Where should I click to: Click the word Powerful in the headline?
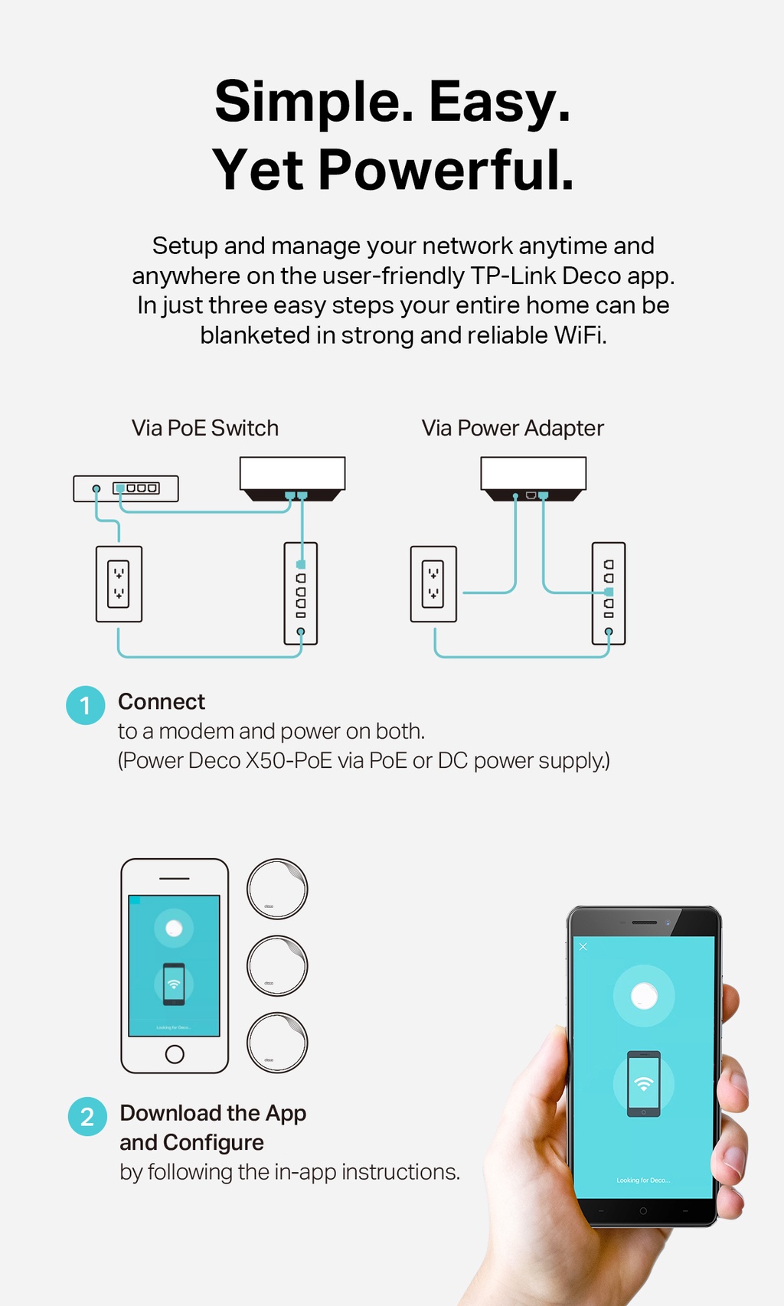point(446,170)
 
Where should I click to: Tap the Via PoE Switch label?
point(205,428)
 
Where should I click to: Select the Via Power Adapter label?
point(512,428)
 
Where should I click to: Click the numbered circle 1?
point(85,705)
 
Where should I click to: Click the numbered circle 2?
point(87,1116)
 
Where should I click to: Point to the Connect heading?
point(162,701)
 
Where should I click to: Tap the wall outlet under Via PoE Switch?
point(119,583)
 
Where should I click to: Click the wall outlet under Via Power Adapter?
point(433,583)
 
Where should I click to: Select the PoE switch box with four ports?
point(126,488)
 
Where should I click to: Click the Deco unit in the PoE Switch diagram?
point(292,475)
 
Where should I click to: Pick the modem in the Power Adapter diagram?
point(608,593)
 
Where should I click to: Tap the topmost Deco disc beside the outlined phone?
point(277,889)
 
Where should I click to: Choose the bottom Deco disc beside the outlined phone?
point(277,1042)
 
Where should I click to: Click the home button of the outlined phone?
point(175,1054)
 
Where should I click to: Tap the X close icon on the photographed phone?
point(583,947)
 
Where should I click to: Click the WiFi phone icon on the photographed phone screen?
point(644,1083)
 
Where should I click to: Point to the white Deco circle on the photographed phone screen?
point(644,995)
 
